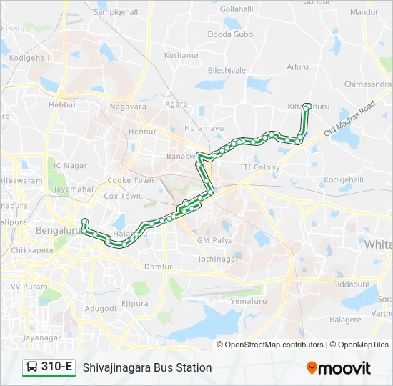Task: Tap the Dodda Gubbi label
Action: pyautogui.click(x=231, y=34)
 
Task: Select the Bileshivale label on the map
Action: pyautogui.click(x=227, y=70)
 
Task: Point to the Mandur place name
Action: pyautogui.click(x=364, y=12)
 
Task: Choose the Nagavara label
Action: pyautogui.click(x=128, y=107)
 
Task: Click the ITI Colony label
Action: pyautogui.click(x=260, y=167)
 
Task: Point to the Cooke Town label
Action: pyautogui.click(x=130, y=181)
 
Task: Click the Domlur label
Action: pyautogui.click(x=159, y=267)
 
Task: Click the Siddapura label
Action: pyautogui.click(x=352, y=284)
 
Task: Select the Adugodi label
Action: pyautogui.click(x=100, y=309)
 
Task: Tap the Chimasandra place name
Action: pyautogui.click(x=367, y=84)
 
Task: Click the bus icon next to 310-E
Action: pyautogui.click(x=32, y=367)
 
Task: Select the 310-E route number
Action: pyautogui.click(x=57, y=367)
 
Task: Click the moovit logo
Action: pyautogui.click(x=339, y=368)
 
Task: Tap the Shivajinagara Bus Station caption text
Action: pyautogui.click(x=147, y=367)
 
